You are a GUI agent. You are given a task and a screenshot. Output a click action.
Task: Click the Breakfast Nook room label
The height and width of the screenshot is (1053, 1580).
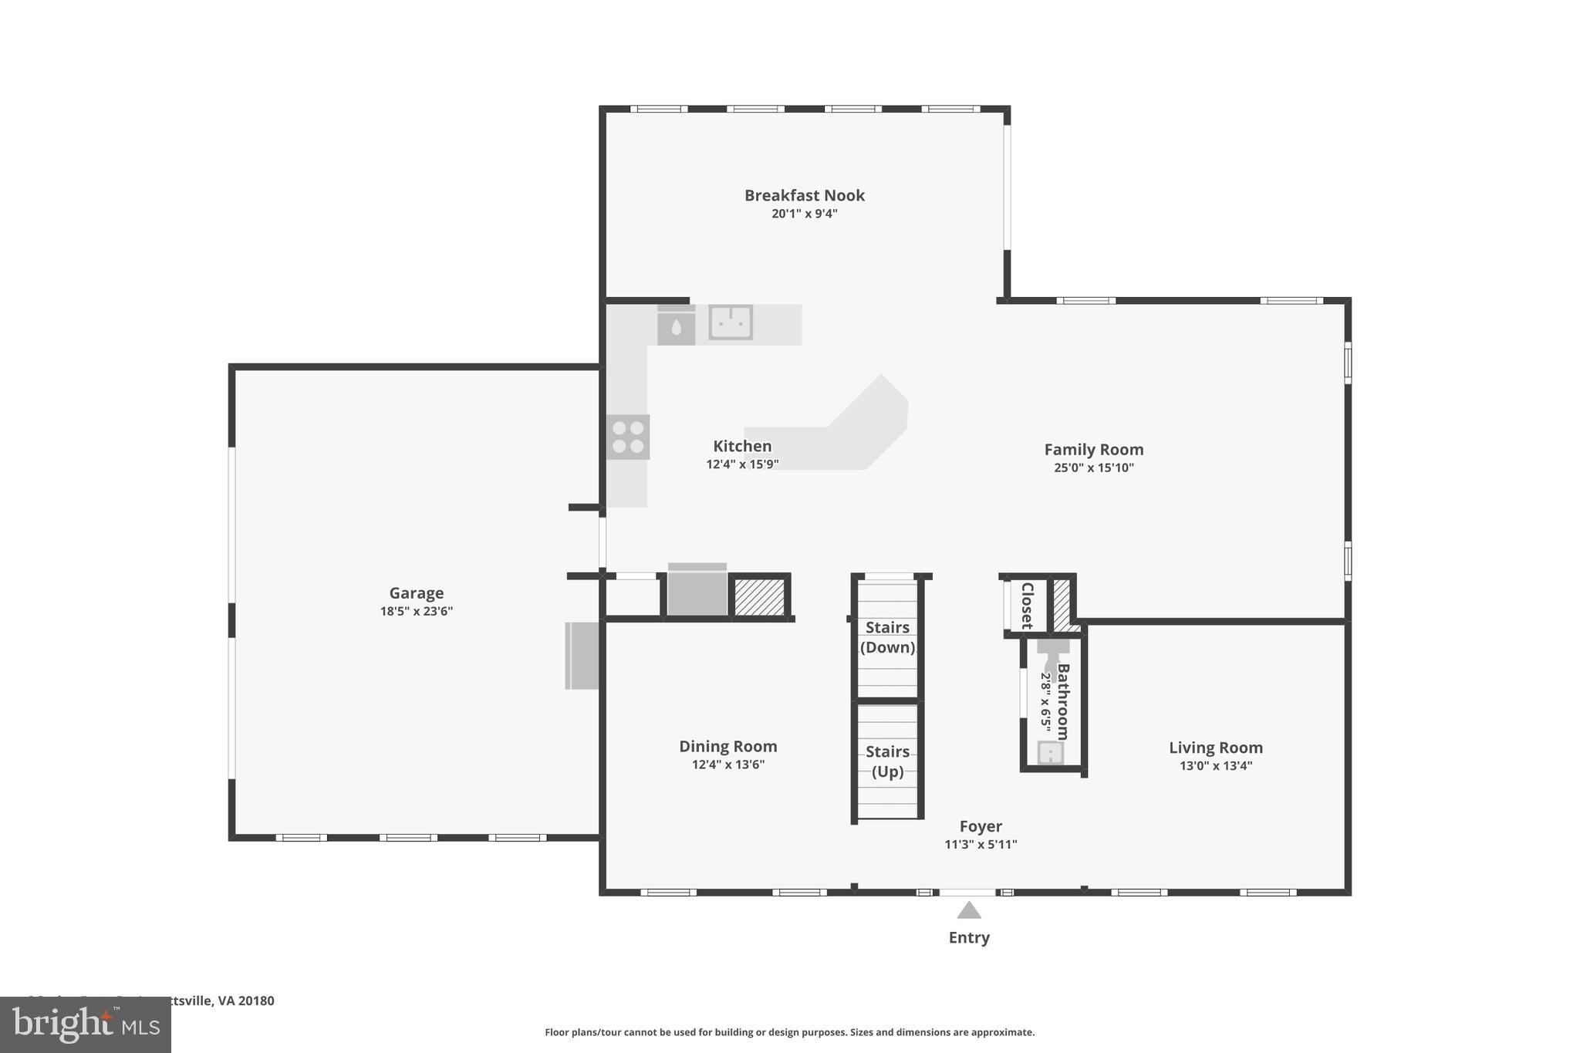pos(804,195)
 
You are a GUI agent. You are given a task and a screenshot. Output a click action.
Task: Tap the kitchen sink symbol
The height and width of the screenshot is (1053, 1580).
pos(730,322)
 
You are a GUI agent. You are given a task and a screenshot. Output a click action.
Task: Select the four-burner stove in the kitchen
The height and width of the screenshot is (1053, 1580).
pos(627,437)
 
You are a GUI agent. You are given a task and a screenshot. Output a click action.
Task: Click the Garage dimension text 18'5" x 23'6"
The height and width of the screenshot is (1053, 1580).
pos(416,611)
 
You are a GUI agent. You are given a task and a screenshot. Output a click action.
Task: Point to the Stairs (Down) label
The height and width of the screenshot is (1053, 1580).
pos(887,637)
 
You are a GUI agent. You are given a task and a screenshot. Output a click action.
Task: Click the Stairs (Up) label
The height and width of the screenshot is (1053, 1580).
pos(887,761)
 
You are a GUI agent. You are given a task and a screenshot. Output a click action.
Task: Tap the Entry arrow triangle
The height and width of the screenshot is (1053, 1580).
pos(969,911)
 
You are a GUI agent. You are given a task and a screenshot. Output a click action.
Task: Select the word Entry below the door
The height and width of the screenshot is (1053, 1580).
pos(969,937)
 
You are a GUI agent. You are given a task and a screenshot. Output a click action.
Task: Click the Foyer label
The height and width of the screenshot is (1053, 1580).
pos(981,826)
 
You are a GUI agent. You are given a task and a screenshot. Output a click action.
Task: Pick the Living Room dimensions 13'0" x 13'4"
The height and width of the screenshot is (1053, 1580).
pos(1215,765)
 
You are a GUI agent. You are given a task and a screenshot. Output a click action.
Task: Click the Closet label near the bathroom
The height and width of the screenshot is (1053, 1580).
pos(1027,606)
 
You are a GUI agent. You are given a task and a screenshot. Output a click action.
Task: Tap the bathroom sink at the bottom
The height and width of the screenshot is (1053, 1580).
pos(1050,753)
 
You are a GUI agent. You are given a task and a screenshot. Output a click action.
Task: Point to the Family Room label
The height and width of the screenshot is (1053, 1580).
pos(1093,449)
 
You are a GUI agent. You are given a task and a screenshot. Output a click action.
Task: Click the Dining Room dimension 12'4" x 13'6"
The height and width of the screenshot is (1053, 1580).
pos(728,764)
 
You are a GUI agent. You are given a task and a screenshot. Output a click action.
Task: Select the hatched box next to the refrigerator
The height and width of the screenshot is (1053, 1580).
pos(759,597)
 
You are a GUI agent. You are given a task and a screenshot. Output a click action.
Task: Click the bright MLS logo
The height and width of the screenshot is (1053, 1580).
pos(86,1025)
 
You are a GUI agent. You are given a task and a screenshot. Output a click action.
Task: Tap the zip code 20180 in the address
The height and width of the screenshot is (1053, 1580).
pos(256,1001)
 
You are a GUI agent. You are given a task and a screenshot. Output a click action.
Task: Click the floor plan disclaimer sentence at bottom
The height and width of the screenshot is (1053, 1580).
pos(789,1032)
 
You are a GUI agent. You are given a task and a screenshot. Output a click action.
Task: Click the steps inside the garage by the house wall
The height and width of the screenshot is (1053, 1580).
pos(582,655)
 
